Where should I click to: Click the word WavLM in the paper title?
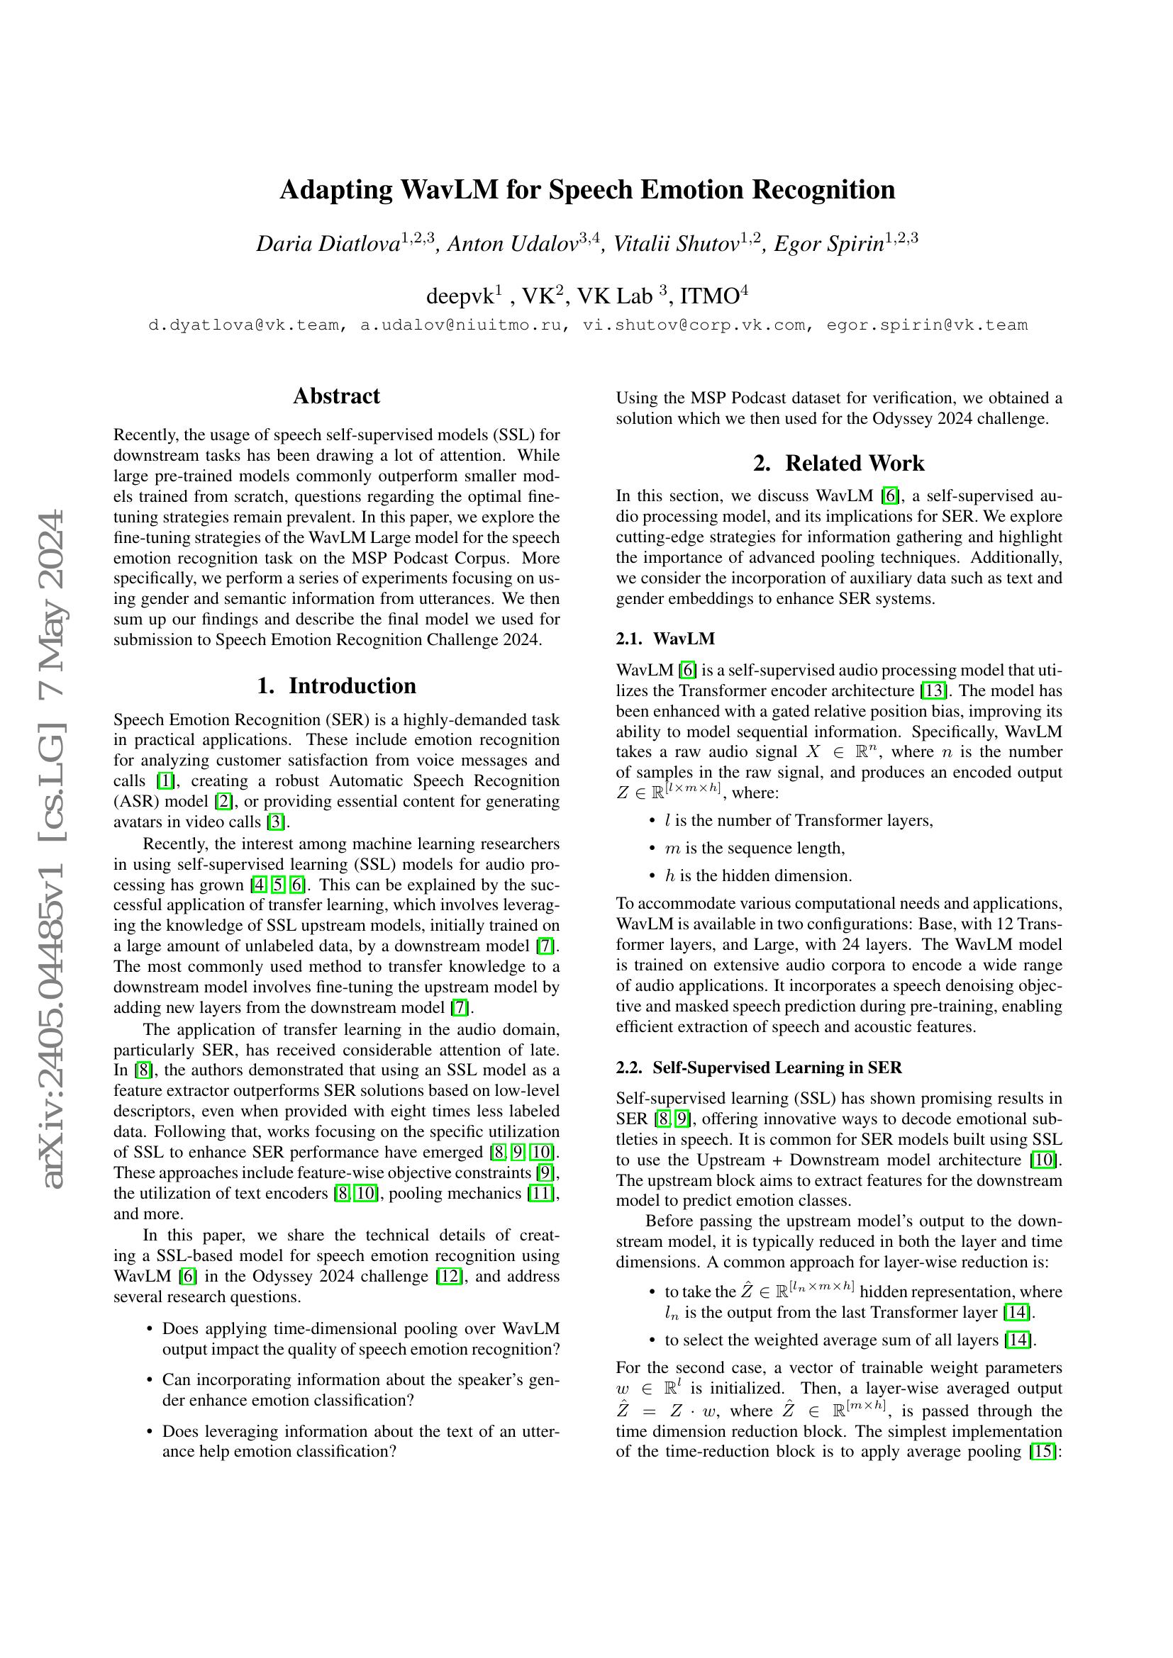(x=448, y=191)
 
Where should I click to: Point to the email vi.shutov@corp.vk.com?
(x=694, y=325)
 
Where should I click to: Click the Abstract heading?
(x=336, y=396)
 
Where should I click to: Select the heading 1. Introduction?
(x=336, y=685)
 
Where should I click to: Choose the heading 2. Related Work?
(x=838, y=463)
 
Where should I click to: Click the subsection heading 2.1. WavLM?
(x=665, y=639)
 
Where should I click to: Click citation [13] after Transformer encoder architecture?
(x=933, y=690)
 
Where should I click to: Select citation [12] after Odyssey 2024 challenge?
(x=448, y=1276)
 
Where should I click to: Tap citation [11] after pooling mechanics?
(x=541, y=1193)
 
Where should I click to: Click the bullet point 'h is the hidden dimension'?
(x=758, y=876)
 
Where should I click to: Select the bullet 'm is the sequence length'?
(x=754, y=848)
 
